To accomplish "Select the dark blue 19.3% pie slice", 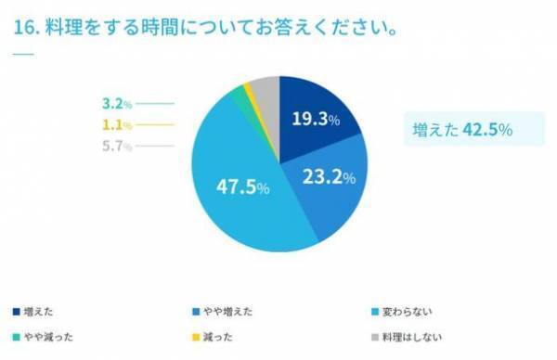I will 316,115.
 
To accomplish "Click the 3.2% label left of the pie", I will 116,104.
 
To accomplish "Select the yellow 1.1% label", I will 116,125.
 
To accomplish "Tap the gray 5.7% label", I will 116,147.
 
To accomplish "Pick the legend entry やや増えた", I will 227,311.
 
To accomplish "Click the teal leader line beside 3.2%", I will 155,104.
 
